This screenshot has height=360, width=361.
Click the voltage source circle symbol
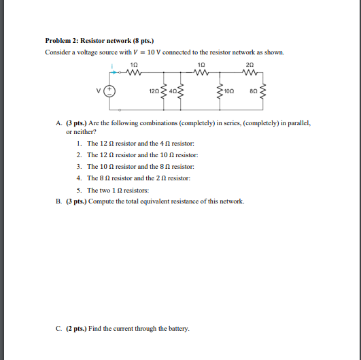(x=117, y=89)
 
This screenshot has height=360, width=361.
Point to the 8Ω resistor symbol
(x=262, y=90)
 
